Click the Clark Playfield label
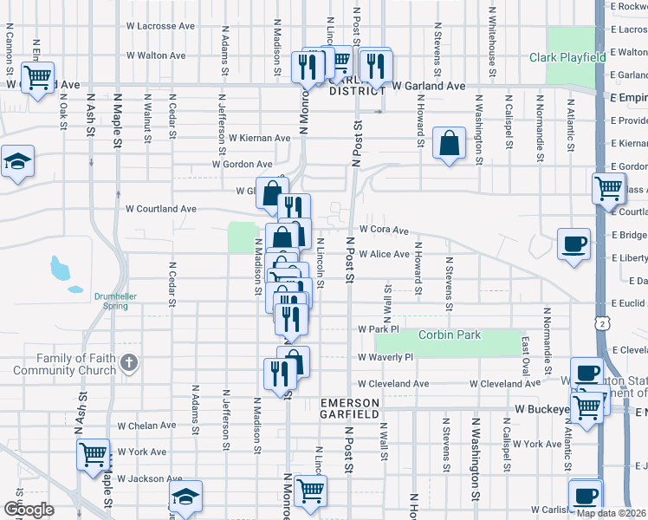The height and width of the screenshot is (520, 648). tap(567, 58)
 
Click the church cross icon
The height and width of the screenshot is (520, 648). tap(128, 361)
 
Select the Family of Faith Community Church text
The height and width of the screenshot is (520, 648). tap(76, 365)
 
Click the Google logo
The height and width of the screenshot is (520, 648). tap(28, 510)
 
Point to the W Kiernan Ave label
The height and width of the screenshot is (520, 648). tap(259, 138)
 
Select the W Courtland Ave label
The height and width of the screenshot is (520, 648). tap(161, 209)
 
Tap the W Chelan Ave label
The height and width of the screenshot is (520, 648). tap(146, 426)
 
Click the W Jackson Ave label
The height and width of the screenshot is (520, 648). tap(149, 478)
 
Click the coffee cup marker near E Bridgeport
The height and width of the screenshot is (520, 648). tap(573, 244)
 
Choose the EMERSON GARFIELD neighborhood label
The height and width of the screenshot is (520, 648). tap(350, 409)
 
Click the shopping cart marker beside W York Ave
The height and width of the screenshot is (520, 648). tap(93, 453)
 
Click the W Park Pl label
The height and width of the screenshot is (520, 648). tap(378, 330)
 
